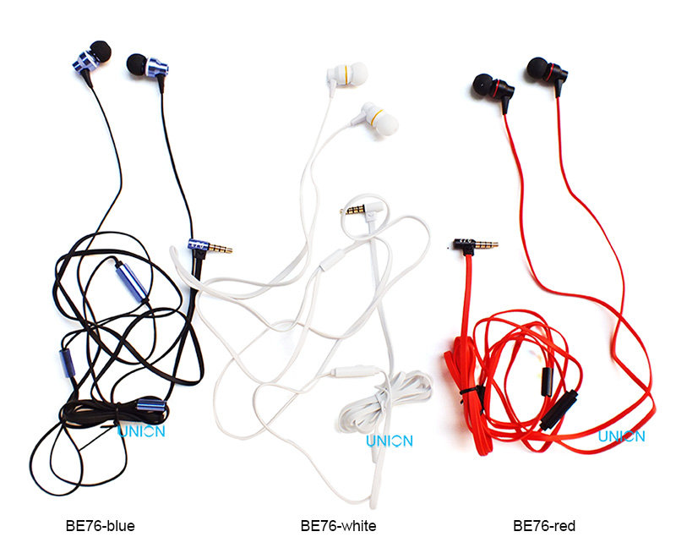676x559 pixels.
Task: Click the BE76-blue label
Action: click(x=100, y=526)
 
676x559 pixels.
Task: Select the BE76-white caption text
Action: click(x=338, y=526)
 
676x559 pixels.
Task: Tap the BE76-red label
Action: click(x=544, y=526)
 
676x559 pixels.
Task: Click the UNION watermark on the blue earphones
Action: click(x=140, y=431)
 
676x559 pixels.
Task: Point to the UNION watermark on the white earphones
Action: click(x=390, y=441)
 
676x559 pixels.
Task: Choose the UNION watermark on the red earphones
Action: click(x=621, y=436)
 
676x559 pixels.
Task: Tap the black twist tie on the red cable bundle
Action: click(x=467, y=392)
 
